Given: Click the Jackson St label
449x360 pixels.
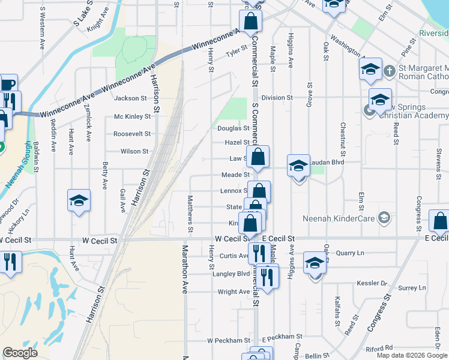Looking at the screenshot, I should pyautogui.click(x=130, y=98).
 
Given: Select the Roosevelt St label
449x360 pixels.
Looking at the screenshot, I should pyautogui.click(x=131, y=134).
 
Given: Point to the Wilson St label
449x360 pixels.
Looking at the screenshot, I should pyautogui.click(x=134, y=151).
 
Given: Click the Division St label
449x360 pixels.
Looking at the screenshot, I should pyautogui.click(x=277, y=97).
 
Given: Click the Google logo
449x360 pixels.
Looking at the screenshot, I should pyautogui.click(x=20, y=353).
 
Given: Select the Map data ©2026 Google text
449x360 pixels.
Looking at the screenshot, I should pyautogui.click(x=412, y=355).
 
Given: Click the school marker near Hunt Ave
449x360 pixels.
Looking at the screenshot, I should pyautogui.click(x=78, y=201).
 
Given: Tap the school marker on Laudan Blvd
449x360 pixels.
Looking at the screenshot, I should pyautogui.click(x=298, y=166).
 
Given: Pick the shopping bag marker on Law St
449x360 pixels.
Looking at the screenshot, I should pyautogui.click(x=258, y=157).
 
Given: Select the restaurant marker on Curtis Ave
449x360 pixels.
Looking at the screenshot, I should pyautogui.click(x=258, y=252).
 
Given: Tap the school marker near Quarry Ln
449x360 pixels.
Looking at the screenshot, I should pyautogui.click(x=315, y=263).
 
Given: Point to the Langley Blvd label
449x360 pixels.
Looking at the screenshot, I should pyautogui.click(x=231, y=274).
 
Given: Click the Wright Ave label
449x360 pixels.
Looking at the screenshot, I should pyautogui.click(x=234, y=292).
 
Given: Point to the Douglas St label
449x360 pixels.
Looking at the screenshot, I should pyautogui.click(x=233, y=128).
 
